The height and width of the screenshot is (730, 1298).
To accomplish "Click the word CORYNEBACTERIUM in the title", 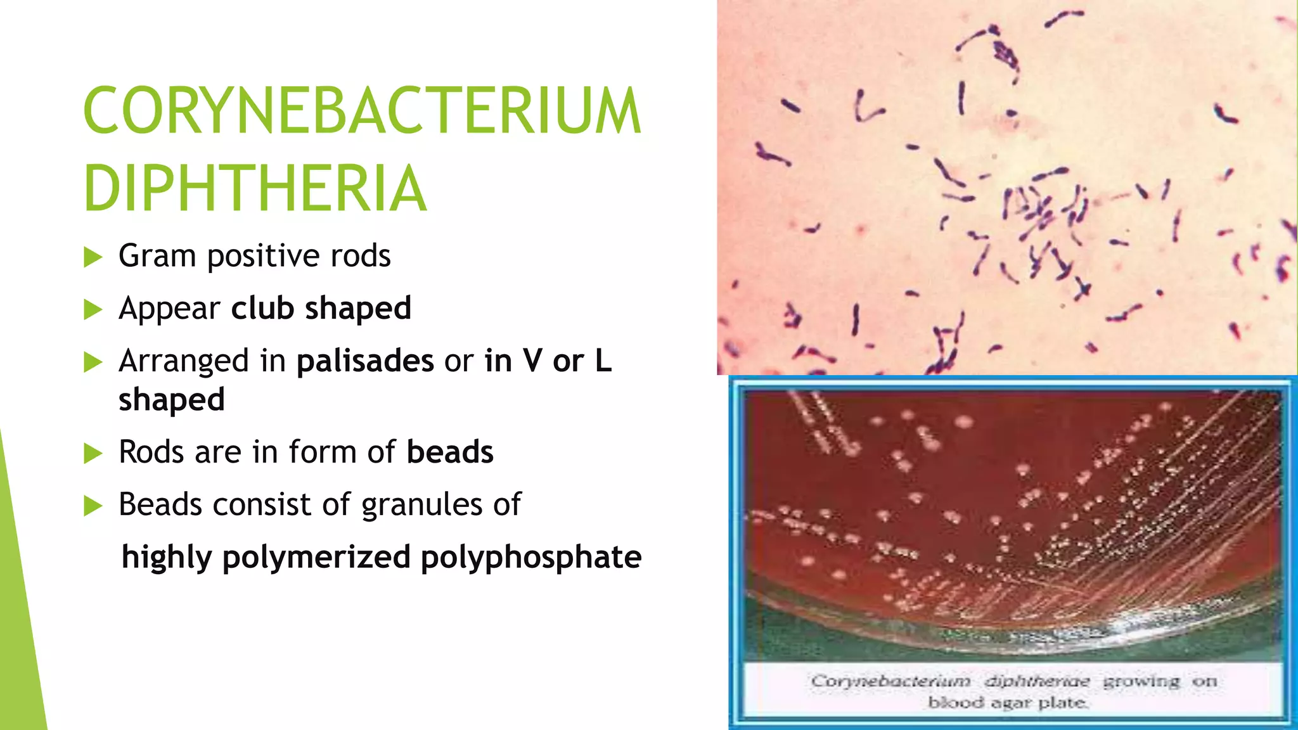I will click(362, 111).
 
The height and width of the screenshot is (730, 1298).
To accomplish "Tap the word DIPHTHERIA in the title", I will click(255, 189).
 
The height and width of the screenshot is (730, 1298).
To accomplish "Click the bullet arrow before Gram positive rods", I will click(93, 257).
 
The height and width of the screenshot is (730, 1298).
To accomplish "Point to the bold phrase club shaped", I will click(321, 309).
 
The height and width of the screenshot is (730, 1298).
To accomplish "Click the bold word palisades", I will click(365, 361).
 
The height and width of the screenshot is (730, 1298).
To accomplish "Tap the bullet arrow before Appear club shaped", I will click(93, 310).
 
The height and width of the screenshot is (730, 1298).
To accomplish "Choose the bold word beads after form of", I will click(450, 452).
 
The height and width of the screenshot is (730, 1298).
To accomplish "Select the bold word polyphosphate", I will click(531, 558).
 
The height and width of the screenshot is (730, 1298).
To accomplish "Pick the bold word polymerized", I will click(316, 558).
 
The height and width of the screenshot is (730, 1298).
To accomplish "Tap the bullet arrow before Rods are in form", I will click(93, 454).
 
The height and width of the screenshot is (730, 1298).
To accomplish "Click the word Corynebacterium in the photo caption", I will click(890, 682).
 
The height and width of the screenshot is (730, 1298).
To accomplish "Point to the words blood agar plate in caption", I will click(1008, 702).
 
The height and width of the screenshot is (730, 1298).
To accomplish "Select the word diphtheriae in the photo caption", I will click(1037, 682).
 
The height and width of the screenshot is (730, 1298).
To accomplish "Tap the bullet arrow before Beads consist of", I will click(93, 506).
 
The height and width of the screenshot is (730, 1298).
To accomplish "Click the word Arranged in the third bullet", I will click(183, 362).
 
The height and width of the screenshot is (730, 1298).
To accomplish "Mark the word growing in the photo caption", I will click(1141, 682).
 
